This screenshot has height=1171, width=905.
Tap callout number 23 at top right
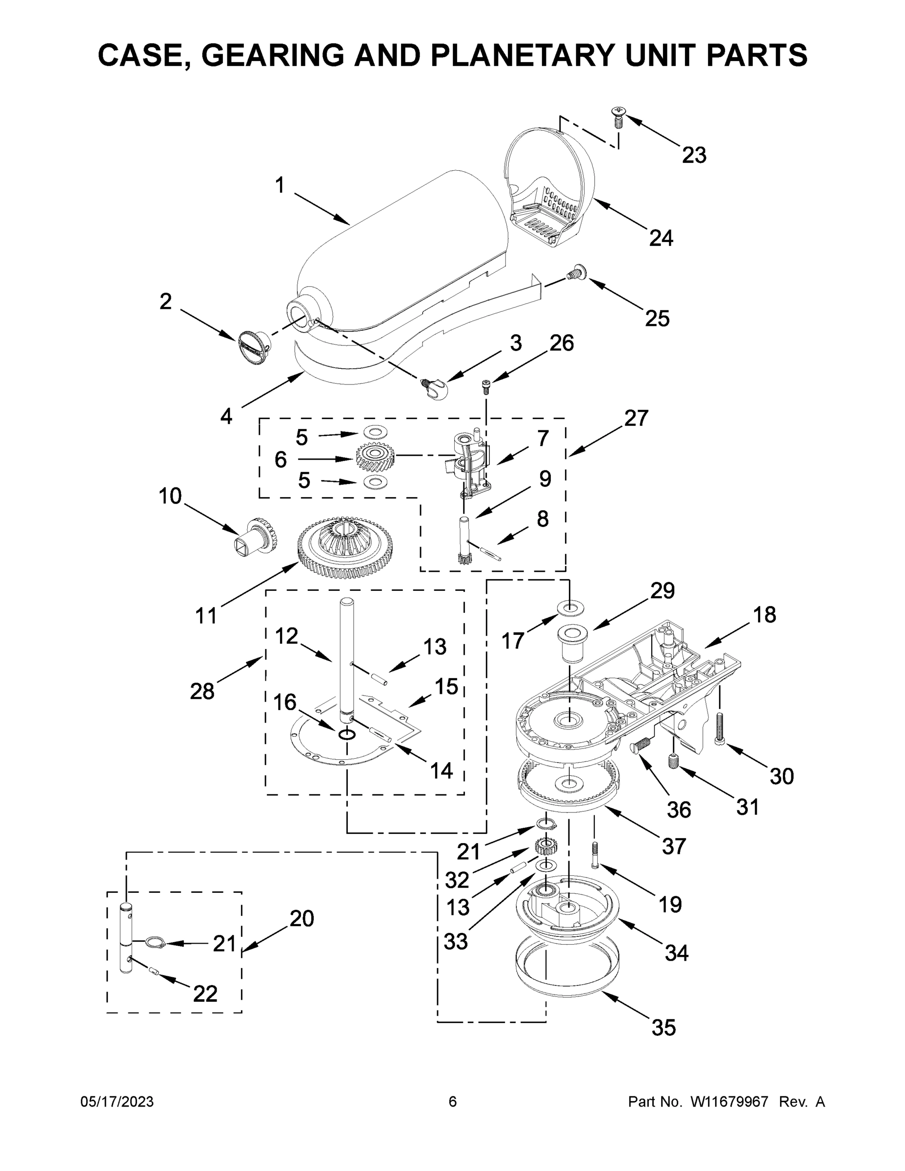694,156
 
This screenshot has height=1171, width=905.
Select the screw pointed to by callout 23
618,117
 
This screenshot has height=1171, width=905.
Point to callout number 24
661,238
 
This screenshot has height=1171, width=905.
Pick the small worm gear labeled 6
375,458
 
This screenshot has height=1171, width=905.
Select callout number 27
636,418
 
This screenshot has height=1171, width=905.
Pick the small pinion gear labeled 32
546,848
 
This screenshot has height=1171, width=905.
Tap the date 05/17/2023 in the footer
117,1101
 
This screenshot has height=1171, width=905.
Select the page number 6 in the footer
453,1101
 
